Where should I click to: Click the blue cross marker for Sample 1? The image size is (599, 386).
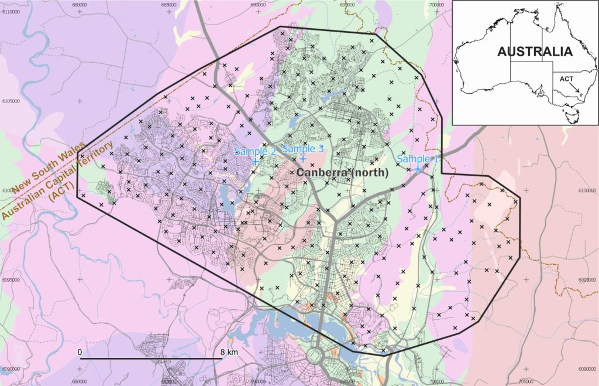click(418, 169)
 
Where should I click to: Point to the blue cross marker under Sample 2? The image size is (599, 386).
click(256, 160)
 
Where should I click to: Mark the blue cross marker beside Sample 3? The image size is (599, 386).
click(303, 159)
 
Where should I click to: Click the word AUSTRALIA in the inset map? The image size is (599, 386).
click(534, 52)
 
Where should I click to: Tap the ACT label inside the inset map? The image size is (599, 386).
click(566, 78)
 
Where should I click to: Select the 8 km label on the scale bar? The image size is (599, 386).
click(229, 352)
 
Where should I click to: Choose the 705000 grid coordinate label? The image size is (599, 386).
click(526, 382)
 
